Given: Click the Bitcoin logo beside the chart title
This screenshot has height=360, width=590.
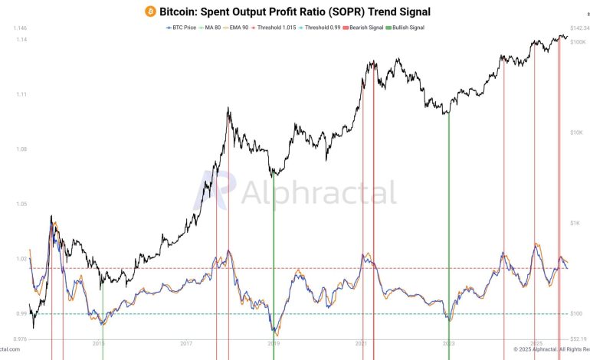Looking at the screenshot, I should point(150,11).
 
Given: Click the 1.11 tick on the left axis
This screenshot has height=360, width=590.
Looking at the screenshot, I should point(21,95).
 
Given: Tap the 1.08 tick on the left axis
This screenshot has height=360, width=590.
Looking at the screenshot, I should point(21,149).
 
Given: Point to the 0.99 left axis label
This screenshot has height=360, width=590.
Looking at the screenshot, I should point(21,313).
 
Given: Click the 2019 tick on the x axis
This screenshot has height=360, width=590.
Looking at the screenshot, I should point(274,344).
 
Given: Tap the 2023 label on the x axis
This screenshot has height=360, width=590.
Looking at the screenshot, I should point(449,344).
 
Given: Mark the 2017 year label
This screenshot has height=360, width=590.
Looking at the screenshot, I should point(186,344).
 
